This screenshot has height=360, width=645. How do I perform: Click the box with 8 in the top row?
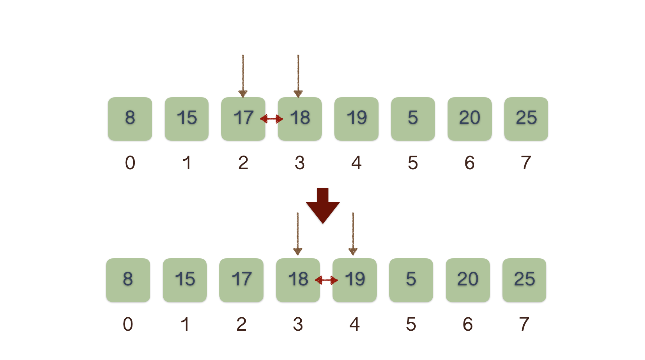(x=130, y=119)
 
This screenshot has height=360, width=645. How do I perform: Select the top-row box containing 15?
(x=187, y=119)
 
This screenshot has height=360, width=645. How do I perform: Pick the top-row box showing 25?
(x=526, y=119)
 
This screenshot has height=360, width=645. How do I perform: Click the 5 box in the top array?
(x=413, y=119)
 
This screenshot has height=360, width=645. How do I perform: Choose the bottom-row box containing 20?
(x=468, y=280)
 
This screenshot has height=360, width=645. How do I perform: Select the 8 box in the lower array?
(x=128, y=280)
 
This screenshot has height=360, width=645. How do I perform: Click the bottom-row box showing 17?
(x=241, y=280)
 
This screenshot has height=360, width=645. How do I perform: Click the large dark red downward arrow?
(x=322, y=206)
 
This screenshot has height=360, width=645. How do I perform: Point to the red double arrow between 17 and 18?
(x=272, y=119)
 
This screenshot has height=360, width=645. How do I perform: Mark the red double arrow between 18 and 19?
(x=326, y=280)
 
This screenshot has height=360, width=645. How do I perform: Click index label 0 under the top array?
(x=130, y=163)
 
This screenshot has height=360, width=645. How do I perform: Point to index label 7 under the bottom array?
(x=524, y=324)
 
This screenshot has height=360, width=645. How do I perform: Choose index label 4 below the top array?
(x=356, y=163)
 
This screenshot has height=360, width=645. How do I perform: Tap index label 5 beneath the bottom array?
(x=411, y=324)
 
